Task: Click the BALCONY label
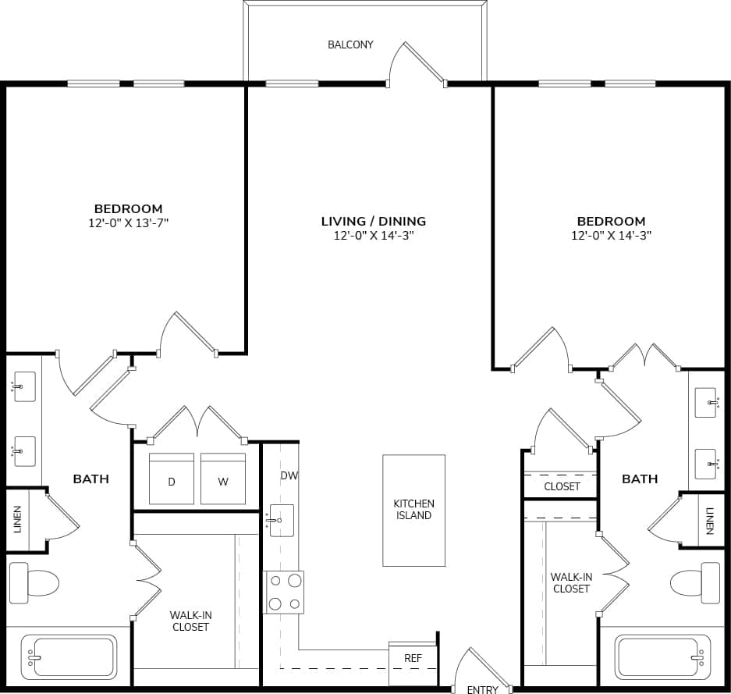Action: click(350, 44)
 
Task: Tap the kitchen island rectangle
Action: click(413, 510)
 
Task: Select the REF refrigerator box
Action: click(413, 658)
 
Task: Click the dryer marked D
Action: click(171, 480)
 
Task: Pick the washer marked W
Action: click(223, 480)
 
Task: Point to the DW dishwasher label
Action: click(289, 475)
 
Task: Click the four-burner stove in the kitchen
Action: click(285, 592)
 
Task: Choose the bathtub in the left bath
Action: click(69, 656)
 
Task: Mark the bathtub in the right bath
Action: click(662, 656)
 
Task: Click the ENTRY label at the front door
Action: click(482, 689)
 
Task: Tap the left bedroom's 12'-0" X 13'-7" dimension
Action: click(129, 222)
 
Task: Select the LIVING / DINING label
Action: click(374, 221)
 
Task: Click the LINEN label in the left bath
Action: click(17, 520)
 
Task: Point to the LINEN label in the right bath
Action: click(709, 521)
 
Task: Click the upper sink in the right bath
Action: click(706, 403)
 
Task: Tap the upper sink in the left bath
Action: click(25, 386)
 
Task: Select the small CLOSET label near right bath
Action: click(562, 486)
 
